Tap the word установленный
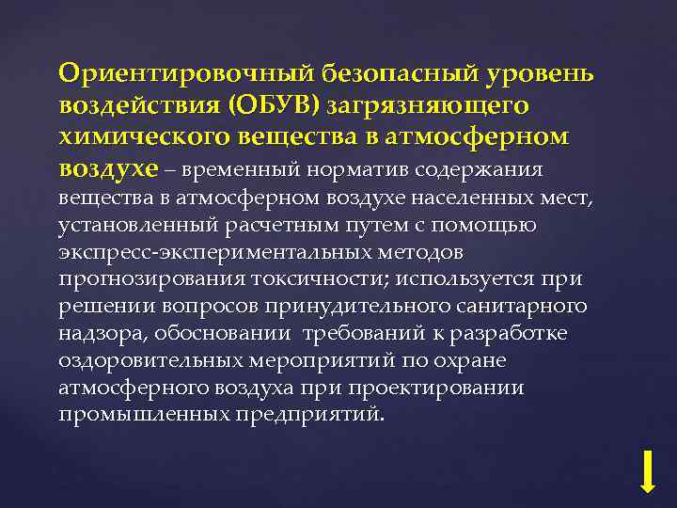coord(140,226)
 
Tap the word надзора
coord(97,334)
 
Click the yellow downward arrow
coord(647,470)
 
